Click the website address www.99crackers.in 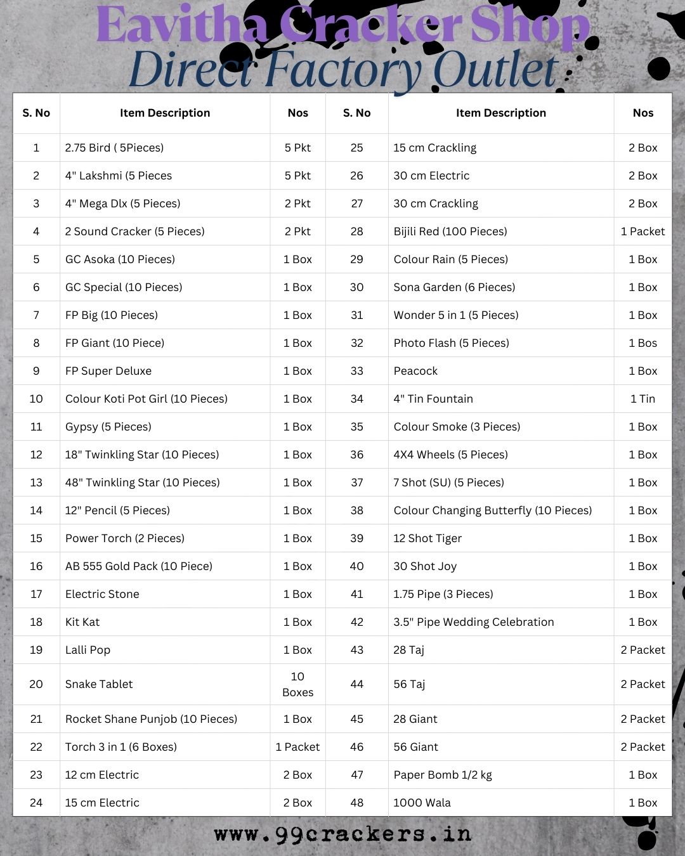[x=342, y=834]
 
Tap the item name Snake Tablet [x=99, y=684]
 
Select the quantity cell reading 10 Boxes [x=297, y=684]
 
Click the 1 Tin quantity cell [x=643, y=399]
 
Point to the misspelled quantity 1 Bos [x=643, y=343]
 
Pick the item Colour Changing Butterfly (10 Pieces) [x=492, y=510]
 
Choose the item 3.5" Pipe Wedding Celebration [x=473, y=622]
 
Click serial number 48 [x=356, y=803]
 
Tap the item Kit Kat [x=82, y=622]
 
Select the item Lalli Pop [x=88, y=650]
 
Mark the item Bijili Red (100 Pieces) [x=450, y=231]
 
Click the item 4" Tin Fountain [x=433, y=399]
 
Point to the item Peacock [x=415, y=371]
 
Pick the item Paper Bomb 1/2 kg [x=442, y=775]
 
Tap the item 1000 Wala [x=422, y=803]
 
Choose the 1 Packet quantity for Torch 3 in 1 [x=297, y=747]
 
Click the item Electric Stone [x=102, y=594]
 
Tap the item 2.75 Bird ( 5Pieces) [x=114, y=148]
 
